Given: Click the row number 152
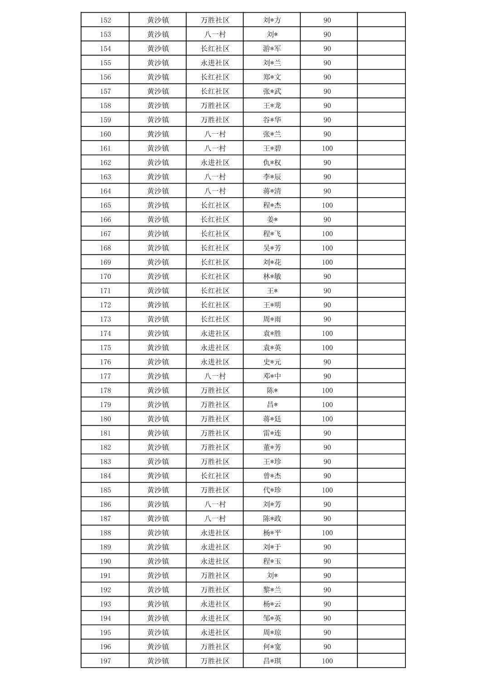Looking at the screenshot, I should [105, 20].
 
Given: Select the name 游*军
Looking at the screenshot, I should [272, 49].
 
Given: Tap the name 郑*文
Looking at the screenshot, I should [272, 77].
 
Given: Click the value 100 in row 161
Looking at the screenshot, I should [327, 148].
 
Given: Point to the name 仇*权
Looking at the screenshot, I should [272, 162].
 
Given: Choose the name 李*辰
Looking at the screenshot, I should [272, 177].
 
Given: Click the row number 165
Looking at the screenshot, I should [105, 205].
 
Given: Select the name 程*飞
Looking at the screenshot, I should [272, 234].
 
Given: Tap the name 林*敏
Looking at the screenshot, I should [272, 277].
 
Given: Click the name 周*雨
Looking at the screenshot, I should [272, 319].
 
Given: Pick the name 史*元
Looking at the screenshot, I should [272, 362].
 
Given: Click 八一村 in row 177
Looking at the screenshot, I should [214, 376].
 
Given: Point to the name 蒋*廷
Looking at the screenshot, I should [272, 419].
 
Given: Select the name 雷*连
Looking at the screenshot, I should [272, 433].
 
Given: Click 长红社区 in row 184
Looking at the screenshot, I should [214, 476].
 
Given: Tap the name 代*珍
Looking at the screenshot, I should [272, 490].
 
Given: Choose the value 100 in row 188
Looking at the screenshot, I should [327, 533].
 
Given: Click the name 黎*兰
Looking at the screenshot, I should [272, 590].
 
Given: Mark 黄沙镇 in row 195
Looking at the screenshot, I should [158, 632].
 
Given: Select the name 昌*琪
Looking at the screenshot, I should [272, 661].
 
